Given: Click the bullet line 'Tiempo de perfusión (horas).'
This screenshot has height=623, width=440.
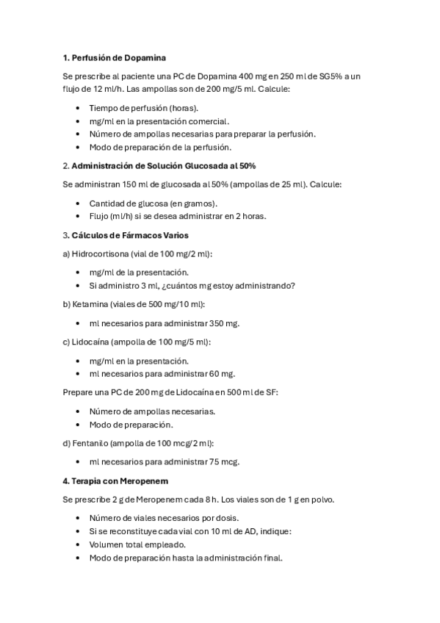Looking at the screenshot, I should pyautogui.click(x=138, y=108).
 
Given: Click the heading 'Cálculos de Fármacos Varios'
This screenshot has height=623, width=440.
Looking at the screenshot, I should pyautogui.click(x=130, y=235).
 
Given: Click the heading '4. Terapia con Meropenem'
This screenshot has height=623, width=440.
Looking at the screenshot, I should pyautogui.click(x=116, y=480).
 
